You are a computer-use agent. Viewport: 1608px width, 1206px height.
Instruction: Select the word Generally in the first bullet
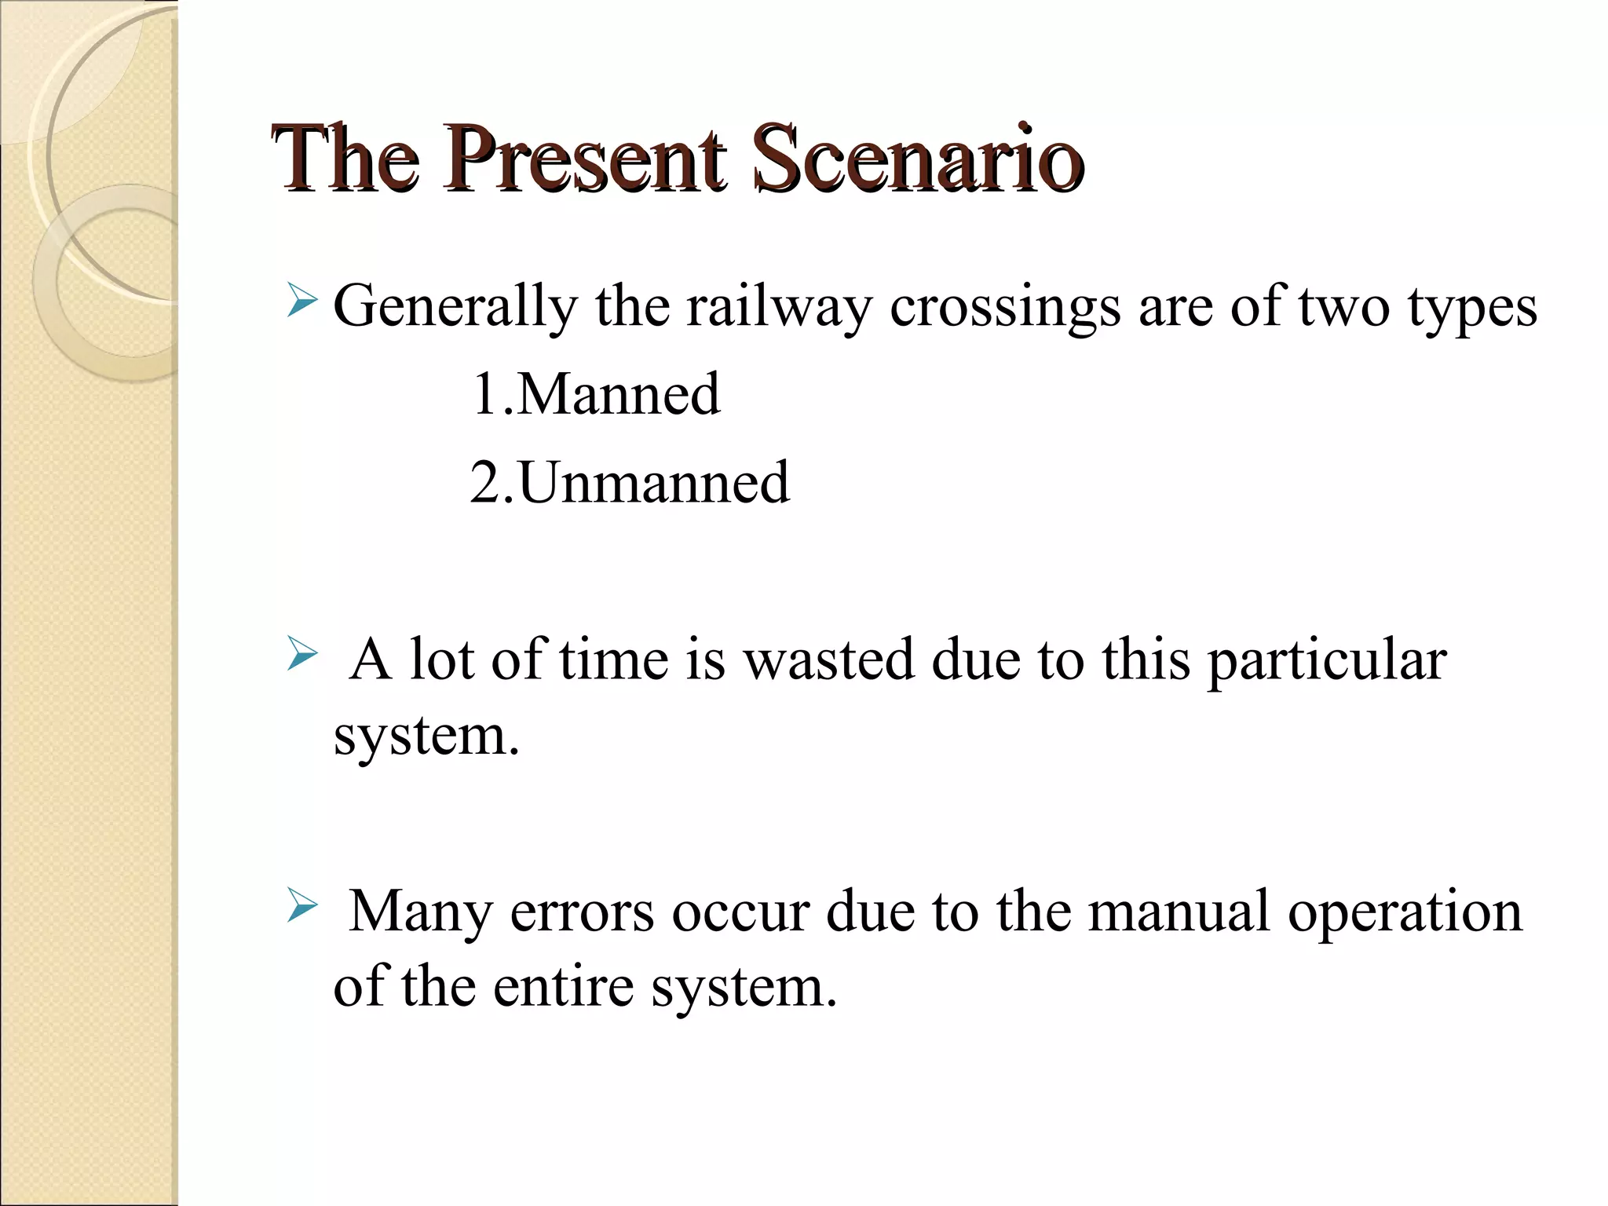[x=455, y=306]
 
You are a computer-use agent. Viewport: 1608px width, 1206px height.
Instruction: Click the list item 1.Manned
[x=595, y=393]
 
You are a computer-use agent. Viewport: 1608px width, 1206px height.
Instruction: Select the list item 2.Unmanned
[x=630, y=481]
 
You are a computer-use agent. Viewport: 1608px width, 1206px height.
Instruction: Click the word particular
[x=1327, y=660]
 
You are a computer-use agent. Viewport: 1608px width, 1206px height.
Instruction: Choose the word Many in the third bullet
[x=421, y=912]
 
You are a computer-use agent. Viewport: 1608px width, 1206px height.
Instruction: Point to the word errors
[x=583, y=912]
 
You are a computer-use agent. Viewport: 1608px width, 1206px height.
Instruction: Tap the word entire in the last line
[x=563, y=986]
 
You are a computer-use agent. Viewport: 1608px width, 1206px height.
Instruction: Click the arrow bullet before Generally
[x=302, y=301]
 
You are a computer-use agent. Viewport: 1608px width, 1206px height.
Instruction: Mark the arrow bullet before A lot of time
[x=302, y=653]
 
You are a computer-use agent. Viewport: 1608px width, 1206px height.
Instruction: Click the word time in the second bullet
[x=613, y=659]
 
